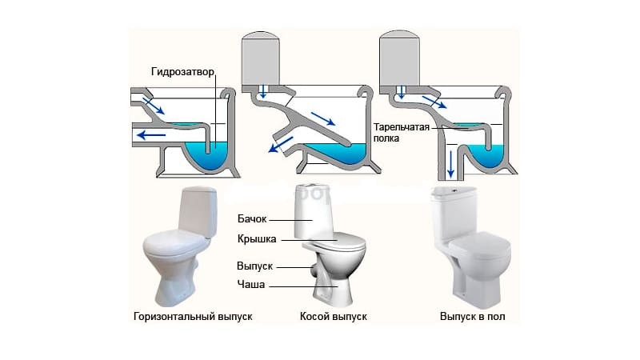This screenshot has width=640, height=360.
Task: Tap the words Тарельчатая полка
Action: click(x=397, y=132)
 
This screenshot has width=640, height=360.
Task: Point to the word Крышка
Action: click(x=257, y=239)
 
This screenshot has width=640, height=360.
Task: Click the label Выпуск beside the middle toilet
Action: click(x=256, y=266)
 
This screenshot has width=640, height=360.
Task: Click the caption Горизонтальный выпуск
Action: click(x=193, y=317)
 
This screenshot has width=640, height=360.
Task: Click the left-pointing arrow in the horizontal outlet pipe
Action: click(x=151, y=135)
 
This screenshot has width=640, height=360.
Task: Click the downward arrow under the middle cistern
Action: click(x=262, y=91)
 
